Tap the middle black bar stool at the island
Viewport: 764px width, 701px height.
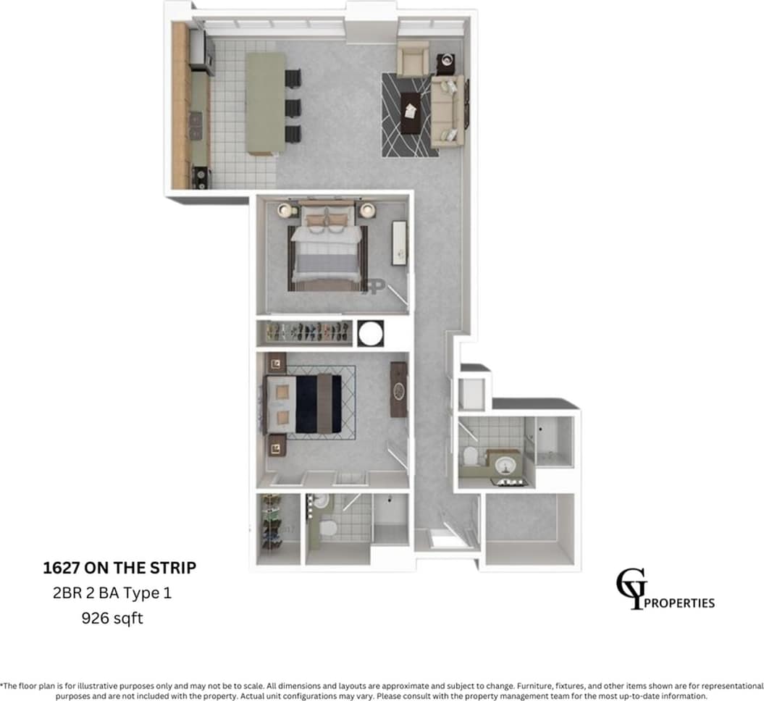pos(293,107)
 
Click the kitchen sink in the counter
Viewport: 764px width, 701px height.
pos(196,127)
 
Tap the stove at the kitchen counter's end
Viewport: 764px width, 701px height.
pos(201,177)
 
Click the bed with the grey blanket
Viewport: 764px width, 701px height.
pos(327,250)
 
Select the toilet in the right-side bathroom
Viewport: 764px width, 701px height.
pos(470,457)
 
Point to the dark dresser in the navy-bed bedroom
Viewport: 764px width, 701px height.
pos(398,390)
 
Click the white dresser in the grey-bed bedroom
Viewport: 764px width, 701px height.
pos(399,243)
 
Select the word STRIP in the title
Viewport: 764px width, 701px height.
pos(171,568)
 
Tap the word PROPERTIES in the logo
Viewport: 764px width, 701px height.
pos(679,603)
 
